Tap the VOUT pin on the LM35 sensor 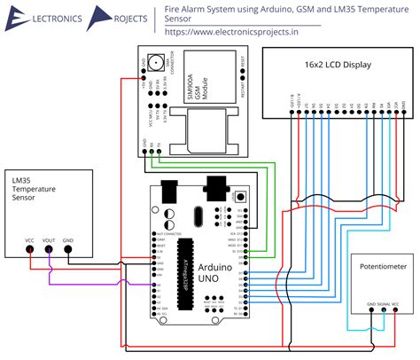(x=50, y=248)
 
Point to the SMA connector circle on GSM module (x=156, y=63)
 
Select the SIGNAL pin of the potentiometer (x=384, y=313)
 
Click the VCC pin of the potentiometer (x=395, y=313)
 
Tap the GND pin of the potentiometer (x=371, y=313)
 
